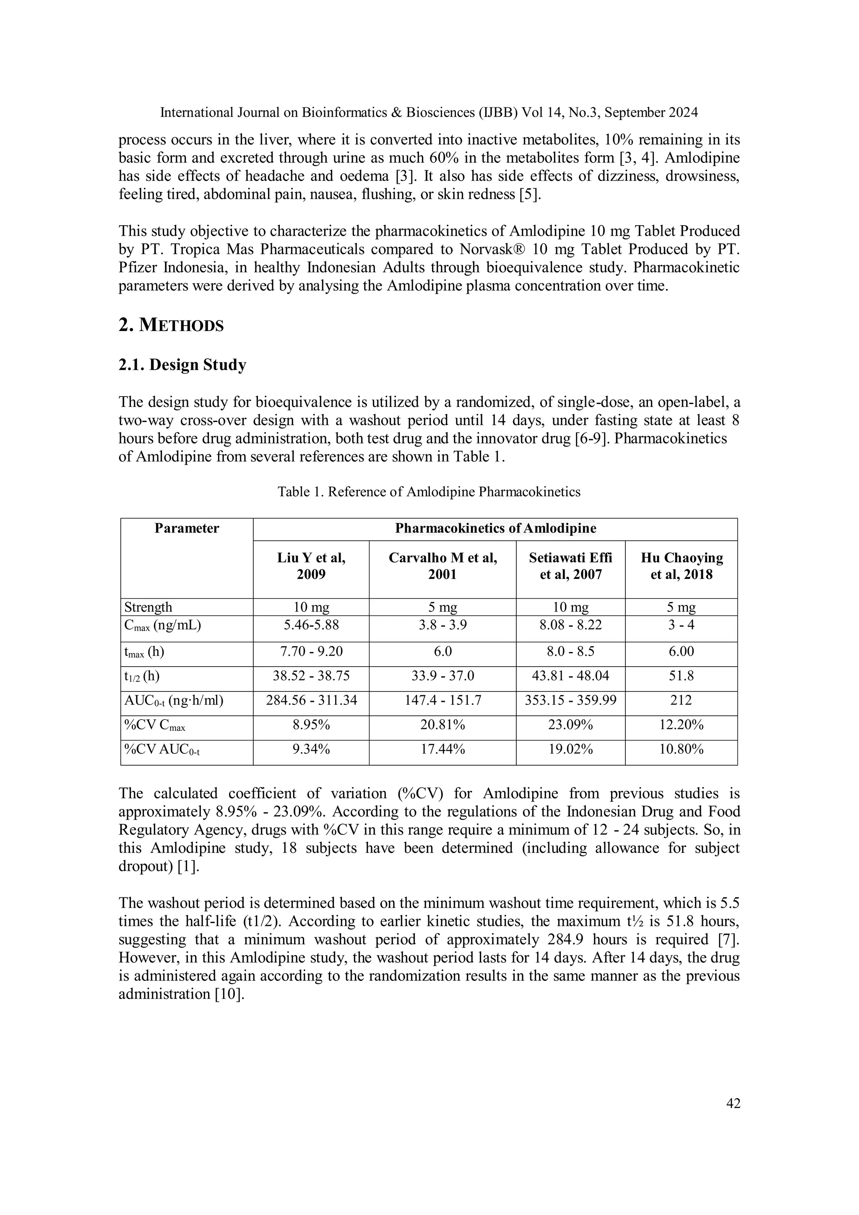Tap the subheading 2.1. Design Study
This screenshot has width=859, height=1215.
tap(182, 365)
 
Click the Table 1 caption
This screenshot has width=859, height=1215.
tap(429, 492)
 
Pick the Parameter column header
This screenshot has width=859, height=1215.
tap(187, 529)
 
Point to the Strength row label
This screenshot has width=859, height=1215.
tap(148, 607)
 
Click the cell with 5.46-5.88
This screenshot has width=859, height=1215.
tap(311, 625)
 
